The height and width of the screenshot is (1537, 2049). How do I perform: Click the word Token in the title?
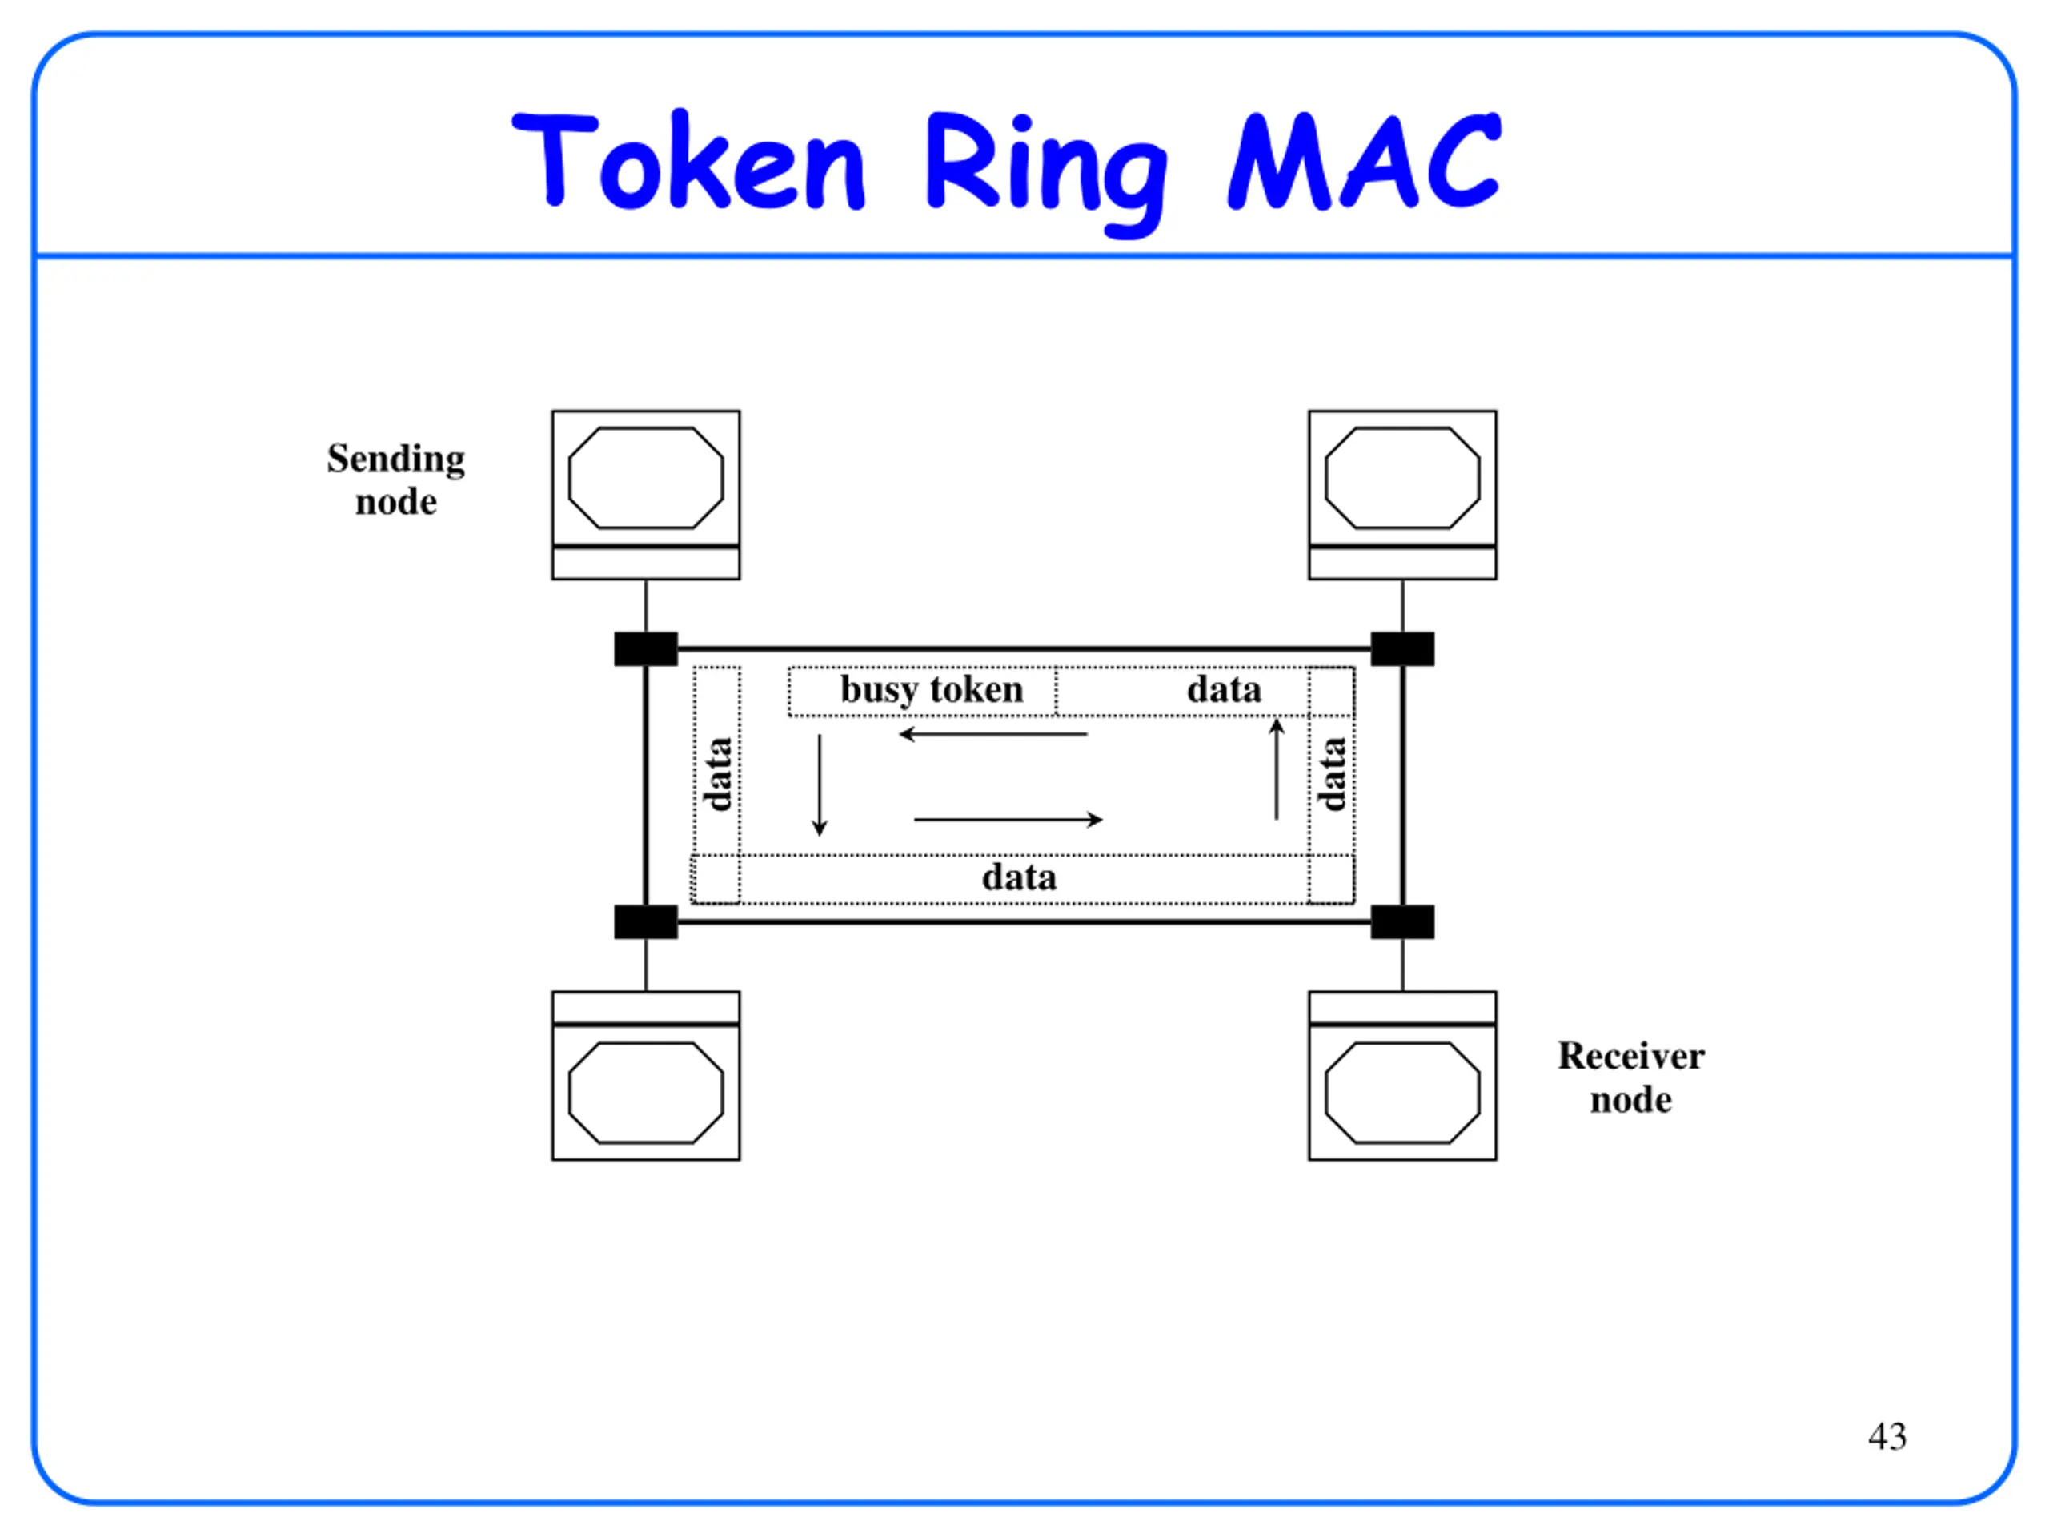688,160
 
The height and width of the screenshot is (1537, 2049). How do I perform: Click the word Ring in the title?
1047,171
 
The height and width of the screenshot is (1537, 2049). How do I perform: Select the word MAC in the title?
1364,160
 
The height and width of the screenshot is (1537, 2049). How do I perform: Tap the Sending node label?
396,480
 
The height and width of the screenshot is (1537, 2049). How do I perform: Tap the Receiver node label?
1630,1078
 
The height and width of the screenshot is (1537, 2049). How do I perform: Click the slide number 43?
1887,1436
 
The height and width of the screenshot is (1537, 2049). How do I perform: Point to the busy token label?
932,690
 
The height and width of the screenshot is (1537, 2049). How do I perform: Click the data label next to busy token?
1224,689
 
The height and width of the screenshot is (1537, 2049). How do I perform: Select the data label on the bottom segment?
1019,877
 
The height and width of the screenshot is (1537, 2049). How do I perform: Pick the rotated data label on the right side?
1331,775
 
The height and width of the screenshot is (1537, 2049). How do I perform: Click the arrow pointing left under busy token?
993,735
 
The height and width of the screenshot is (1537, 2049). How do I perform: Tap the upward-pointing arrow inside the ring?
1277,769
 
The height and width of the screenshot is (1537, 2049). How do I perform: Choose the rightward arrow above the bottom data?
1008,819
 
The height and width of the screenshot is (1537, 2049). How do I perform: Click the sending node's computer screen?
646,478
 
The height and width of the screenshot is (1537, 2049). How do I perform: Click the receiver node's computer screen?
1402,1094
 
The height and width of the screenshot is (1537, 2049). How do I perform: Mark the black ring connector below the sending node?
646,648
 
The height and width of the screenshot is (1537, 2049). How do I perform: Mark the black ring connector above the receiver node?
1402,922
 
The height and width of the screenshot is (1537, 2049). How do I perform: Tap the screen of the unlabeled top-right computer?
1402,478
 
